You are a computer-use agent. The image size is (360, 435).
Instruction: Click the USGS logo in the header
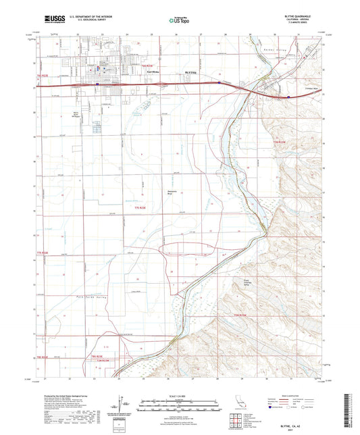pos(54,21)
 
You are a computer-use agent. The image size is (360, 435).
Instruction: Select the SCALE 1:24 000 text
pos(180,396)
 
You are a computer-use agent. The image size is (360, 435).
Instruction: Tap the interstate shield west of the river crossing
pos(221,82)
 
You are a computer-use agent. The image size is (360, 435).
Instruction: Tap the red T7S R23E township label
pos(139,207)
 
